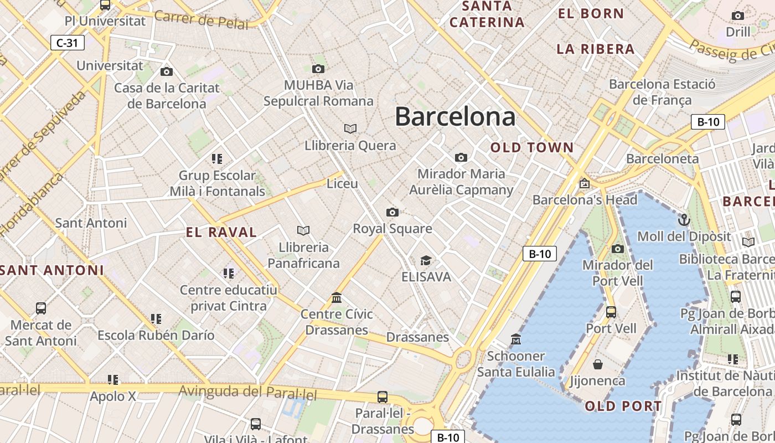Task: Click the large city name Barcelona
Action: (x=455, y=117)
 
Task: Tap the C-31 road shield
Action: (x=68, y=43)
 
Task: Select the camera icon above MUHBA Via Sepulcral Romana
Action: (x=318, y=69)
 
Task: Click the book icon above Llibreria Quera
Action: (x=350, y=128)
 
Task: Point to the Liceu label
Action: (x=342, y=183)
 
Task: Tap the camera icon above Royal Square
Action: (x=392, y=212)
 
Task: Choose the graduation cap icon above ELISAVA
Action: (x=426, y=260)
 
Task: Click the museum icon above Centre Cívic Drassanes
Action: (x=337, y=298)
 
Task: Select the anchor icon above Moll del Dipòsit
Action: (x=684, y=220)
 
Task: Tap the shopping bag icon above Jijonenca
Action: (x=598, y=364)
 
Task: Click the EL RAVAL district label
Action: (x=221, y=233)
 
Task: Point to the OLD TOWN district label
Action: (x=532, y=148)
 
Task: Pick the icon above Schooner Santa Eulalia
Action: (x=516, y=339)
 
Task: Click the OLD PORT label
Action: (x=623, y=406)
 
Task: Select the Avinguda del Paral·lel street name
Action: (x=247, y=393)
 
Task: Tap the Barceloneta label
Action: (x=662, y=159)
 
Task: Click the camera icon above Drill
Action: (x=738, y=16)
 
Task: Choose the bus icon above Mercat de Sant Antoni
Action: (x=41, y=308)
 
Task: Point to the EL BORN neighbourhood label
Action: (x=591, y=14)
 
